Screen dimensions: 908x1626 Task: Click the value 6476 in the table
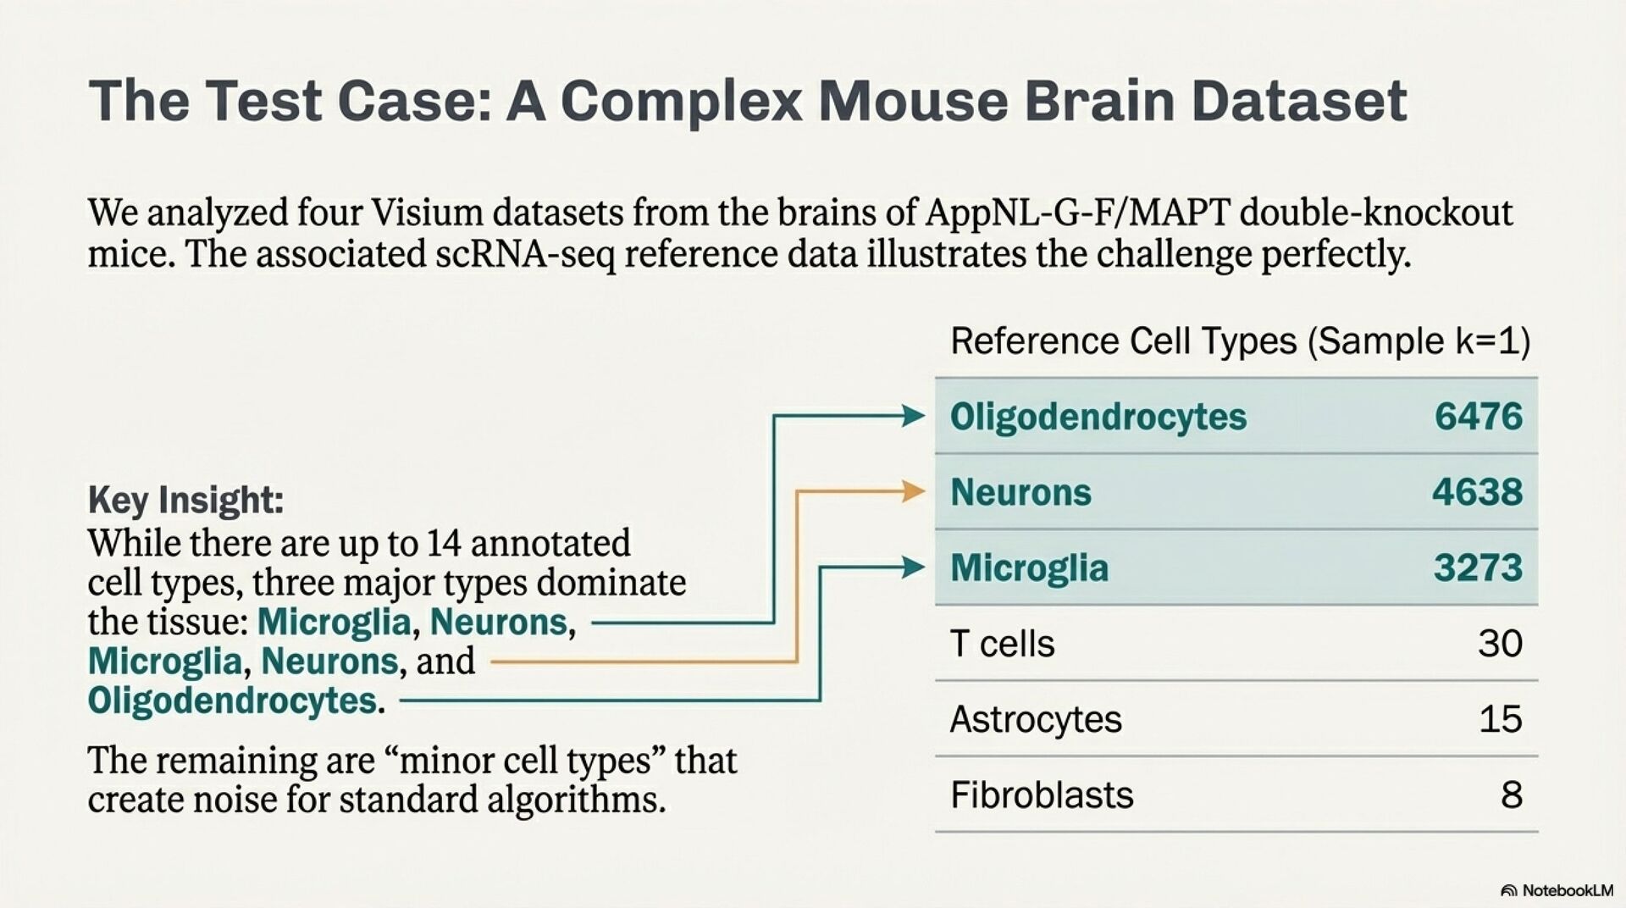pyautogui.click(x=1478, y=416)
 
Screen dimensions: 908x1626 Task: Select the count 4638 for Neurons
pyautogui.click(x=1477, y=491)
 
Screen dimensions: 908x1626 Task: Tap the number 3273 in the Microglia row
pyautogui.click(x=1478, y=567)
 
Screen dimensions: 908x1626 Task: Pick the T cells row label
pyautogui.click(x=1002, y=644)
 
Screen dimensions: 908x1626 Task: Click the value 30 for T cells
pyautogui.click(x=1500, y=644)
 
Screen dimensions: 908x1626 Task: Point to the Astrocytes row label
pyautogui.click(x=1035, y=719)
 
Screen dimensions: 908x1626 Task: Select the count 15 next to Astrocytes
pyautogui.click(x=1500, y=719)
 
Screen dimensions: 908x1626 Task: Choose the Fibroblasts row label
pyautogui.click(x=1041, y=794)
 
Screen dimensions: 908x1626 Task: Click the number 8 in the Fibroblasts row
pyautogui.click(x=1511, y=794)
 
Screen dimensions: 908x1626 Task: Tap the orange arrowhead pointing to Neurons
pyautogui.click(x=913, y=491)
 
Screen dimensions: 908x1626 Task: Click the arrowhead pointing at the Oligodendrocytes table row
pyautogui.click(x=913, y=416)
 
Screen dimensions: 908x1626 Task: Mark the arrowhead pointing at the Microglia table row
pyautogui.click(x=913, y=567)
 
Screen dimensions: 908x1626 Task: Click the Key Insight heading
pyautogui.click(x=185, y=500)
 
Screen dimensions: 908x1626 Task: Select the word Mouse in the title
pyautogui.click(x=913, y=100)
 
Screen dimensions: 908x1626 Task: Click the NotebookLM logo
pyautogui.click(x=1557, y=890)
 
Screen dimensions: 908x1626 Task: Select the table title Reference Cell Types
pyautogui.click(x=1123, y=341)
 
